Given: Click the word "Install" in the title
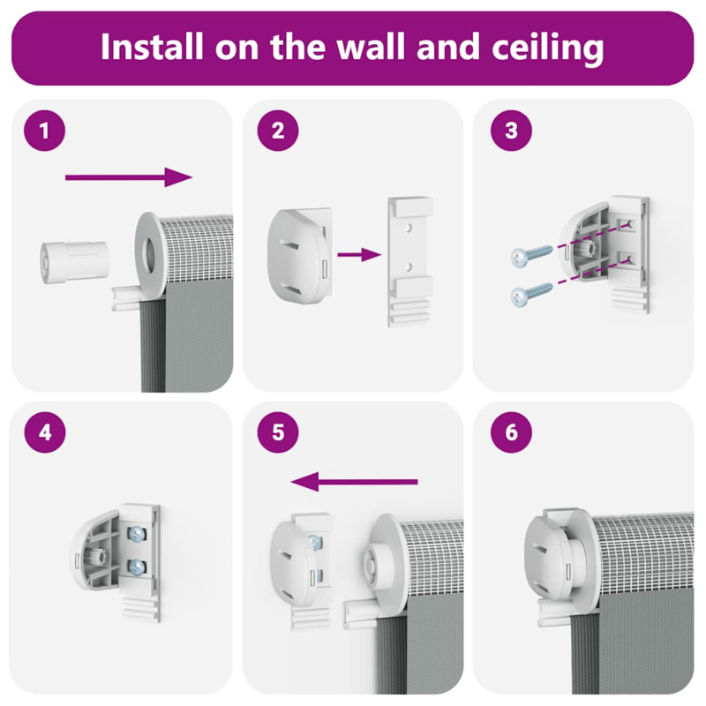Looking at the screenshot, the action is point(151,46).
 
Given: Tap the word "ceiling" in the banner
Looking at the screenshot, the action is point(547,49).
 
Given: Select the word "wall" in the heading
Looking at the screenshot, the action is point(372,46).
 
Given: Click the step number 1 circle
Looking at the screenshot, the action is point(45,131).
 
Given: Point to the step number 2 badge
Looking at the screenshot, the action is point(278,131).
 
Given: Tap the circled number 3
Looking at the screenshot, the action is point(511,131).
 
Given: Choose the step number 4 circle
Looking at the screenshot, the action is point(45,432).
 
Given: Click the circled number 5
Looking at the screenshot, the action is point(278,432).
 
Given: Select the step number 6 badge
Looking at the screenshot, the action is point(511,432).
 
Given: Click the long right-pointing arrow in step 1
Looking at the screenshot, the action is point(129,177).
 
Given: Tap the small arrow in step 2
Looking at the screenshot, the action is point(359,255).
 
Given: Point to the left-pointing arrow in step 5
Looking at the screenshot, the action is point(355,482).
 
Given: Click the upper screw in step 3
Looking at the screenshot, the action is point(531,255).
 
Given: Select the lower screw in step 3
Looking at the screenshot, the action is point(531,295).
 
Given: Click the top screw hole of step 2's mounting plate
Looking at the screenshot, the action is point(409,229).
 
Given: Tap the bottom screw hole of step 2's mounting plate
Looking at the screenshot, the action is point(409,267).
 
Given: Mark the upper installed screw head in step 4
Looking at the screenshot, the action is point(137,535).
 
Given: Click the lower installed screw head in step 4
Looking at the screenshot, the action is point(137,567).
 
